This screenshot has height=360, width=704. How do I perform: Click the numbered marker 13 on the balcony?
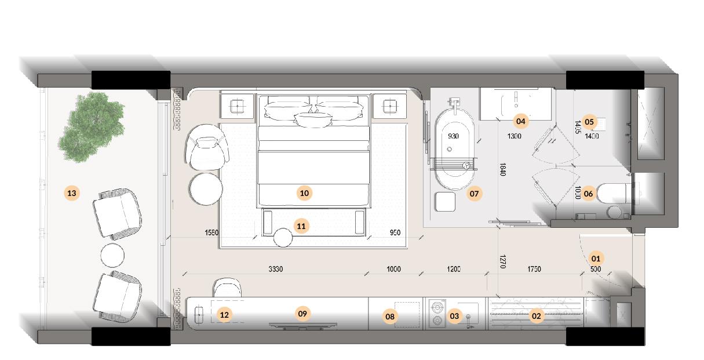pyautogui.click(x=72, y=193)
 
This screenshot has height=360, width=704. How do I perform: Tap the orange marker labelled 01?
pyautogui.click(x=596, y=259)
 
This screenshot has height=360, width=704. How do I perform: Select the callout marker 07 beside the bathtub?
pyautogui.click(x=473, y=194)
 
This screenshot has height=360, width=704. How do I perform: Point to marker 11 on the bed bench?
pyautogui.click(x=301, y=226)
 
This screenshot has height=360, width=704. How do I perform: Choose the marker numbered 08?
pyautogui.click(x=390, y=317)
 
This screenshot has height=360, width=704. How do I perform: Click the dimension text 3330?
pyautogui.click(x=276, y=269)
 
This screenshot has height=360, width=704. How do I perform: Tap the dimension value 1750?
pyautogui.click(x=534, y=269)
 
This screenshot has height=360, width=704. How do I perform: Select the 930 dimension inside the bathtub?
pyautogui.click(x=453, y=136)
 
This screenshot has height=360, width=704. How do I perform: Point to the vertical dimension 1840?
pyautogui.click(x=502, y=169)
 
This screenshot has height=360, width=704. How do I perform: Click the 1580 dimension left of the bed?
pyautogui.click(x=211, y=232)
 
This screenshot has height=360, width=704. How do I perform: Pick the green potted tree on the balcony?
pyautogui.click(x=91, y=127)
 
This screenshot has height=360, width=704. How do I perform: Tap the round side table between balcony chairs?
pyautogui.click(x=112, y=254)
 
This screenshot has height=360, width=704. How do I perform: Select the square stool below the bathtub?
pyautogui.click(x=446, y=202)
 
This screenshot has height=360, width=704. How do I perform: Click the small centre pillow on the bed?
pyautogui.click(x=313, y=119)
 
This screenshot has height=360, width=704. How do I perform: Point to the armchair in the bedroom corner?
pyautogui.click(x=207, y=147)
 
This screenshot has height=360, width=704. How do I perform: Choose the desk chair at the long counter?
pyautogui.click(x=228, y=288)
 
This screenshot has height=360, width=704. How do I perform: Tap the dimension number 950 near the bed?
pyautogui.click(x=395, y=232)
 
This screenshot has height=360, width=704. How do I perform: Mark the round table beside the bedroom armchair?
pyautogui.click(x=206, y=189)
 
